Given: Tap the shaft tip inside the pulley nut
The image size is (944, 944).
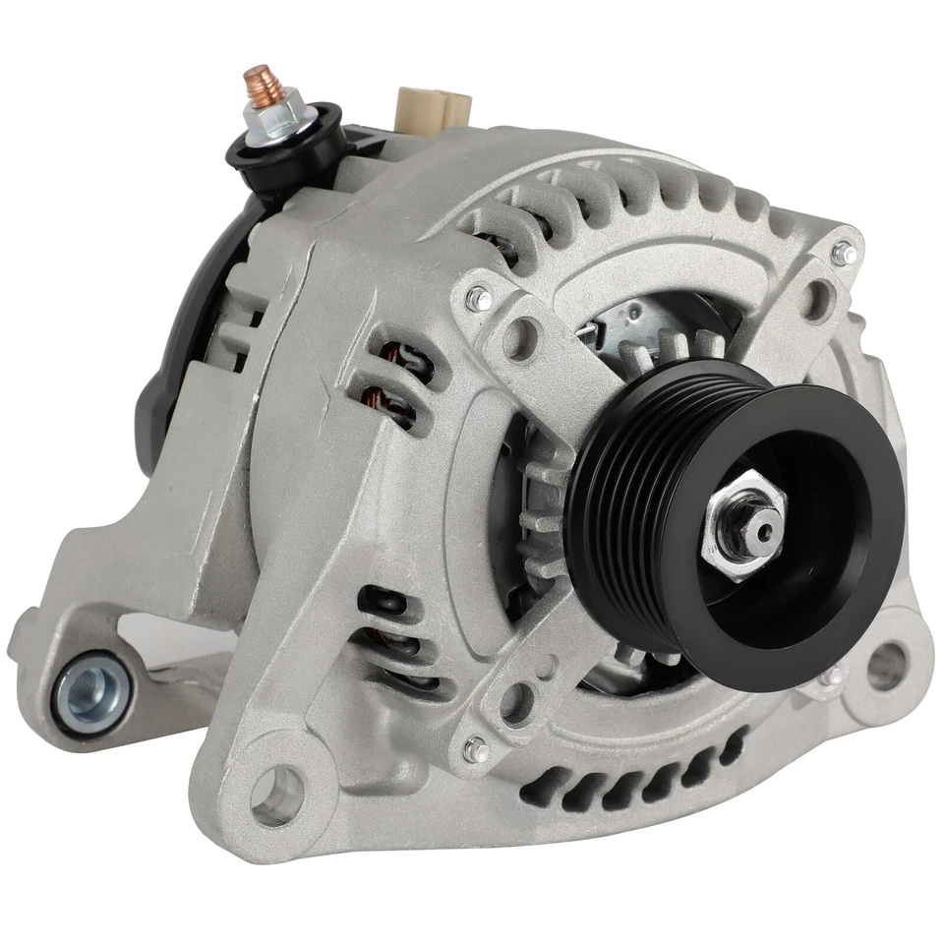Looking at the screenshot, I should (758, 530).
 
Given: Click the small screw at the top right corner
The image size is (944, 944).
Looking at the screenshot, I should (844, 253).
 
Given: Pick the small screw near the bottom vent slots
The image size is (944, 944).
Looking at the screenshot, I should (477, 749).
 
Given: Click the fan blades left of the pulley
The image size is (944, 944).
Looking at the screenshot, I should (536, 511).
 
